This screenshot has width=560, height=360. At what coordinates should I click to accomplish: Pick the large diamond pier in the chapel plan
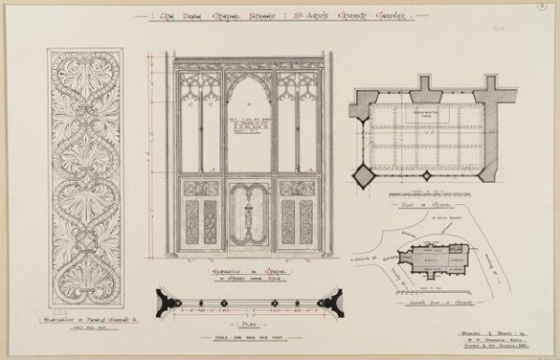tap(362, 174)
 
